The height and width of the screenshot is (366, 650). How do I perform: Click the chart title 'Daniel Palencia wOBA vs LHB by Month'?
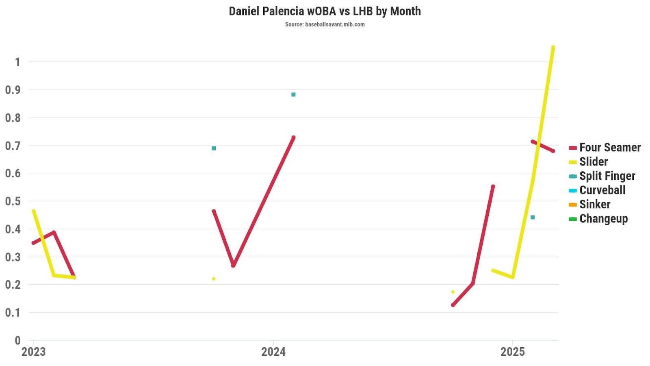[x=325, y=11]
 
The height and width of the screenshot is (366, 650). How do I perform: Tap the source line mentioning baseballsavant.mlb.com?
[x=325, y=24]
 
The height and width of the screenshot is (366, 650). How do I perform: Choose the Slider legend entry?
[x=593, y=161]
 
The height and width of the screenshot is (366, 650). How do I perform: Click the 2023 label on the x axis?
[x=33, y=352]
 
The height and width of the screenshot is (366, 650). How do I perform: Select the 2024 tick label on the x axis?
[x=273, y=352]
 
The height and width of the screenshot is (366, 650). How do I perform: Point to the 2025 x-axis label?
[x=513, y=352]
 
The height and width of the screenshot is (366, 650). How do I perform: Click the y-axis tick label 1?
[x=17, y=62]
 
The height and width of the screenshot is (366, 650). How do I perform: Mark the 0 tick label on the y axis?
[x=17, y=340]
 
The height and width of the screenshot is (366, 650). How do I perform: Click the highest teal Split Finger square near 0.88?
[x=293, y=95]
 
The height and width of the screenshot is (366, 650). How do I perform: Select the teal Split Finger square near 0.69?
[x=214, y=148]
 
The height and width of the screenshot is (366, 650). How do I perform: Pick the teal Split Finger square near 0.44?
[x=533, y=217]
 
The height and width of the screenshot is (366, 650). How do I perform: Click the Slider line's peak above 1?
[x=553, y=47]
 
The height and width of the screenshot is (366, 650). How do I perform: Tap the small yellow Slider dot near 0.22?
[x=214, y=279]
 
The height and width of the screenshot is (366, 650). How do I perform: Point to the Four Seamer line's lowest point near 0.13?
[x=453, y=305]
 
